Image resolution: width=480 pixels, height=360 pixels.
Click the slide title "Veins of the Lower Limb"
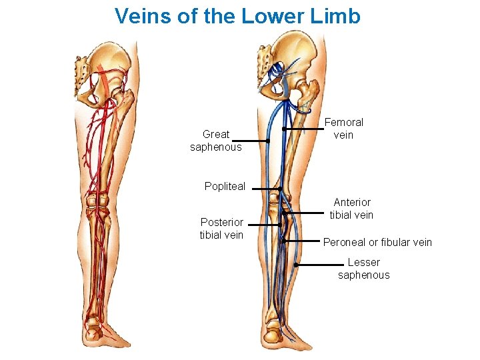[237, 16]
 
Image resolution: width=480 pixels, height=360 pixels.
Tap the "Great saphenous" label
[216, 141]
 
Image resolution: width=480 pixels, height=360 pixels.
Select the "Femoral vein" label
[343, 129]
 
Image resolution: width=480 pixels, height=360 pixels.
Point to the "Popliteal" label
[225, 187]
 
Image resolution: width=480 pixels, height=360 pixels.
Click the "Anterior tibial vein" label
[352, 208]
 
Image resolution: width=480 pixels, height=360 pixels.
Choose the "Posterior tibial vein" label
[222, 228]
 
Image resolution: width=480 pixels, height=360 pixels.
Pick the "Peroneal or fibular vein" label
[377, 242]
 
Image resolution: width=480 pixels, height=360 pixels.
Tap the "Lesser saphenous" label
[363, 269]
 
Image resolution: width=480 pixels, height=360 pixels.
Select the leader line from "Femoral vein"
[303, 128]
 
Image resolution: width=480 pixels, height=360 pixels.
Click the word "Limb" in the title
[337, 16]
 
